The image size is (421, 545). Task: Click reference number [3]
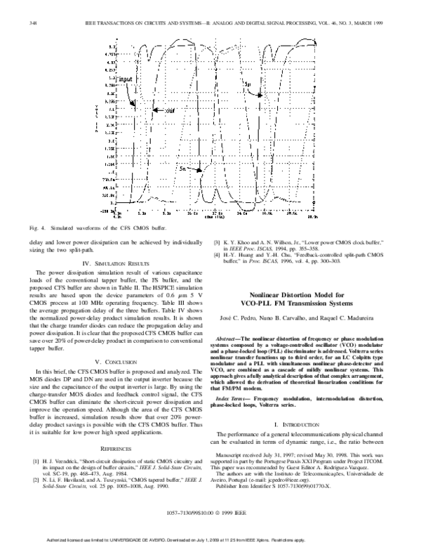pyautogui.click(x=218, y=242)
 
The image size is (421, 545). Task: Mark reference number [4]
pyautogui.click(x=218, y=255)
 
